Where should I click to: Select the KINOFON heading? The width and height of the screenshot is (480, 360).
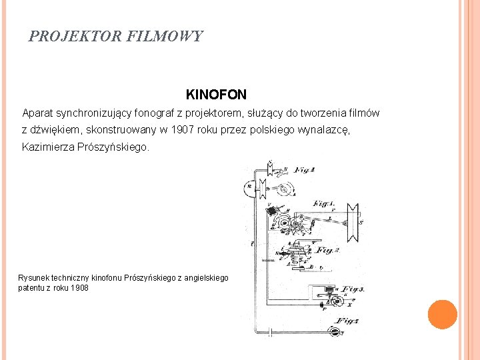pyautogui.click(x=216, y=95)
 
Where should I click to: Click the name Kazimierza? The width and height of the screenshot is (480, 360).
pyautogui.click(x=48, y=147)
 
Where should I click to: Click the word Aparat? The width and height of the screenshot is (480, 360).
pyautogui.click(x=37, y=113)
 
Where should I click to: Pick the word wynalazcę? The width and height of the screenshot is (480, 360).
pyautogui.click(x=323, y=130)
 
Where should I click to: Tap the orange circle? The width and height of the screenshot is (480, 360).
pyautogui.click(x=442, y=315)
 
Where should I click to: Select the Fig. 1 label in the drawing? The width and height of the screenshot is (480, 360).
pyautogui.click(x=324, y=203)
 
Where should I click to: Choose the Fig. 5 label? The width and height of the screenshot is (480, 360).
pyautogui.click(x=347, y=321)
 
